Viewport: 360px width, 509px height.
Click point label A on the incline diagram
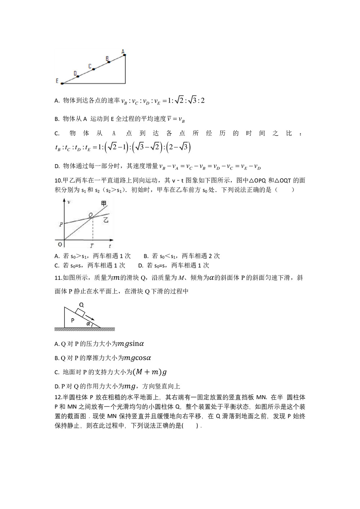[123, 51]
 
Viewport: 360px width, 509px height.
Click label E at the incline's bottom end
[57, 81]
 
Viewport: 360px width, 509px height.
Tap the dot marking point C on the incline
[94, 69]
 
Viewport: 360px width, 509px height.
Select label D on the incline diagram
[75, 73]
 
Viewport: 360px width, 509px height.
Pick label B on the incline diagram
[107, 58]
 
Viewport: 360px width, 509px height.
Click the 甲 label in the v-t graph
[104, 204]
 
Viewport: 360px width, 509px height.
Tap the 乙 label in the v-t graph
[106, 220]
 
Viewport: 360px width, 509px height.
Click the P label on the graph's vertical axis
[61, 224]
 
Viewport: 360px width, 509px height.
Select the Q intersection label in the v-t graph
[91, 215]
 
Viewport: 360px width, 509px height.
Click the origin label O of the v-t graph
[60, 244]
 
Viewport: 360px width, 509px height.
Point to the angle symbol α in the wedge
[88, 323]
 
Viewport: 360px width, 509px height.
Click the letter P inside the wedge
[72, 320]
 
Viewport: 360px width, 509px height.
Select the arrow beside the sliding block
[90, 317]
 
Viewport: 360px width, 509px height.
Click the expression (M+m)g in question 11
[149, 372]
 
